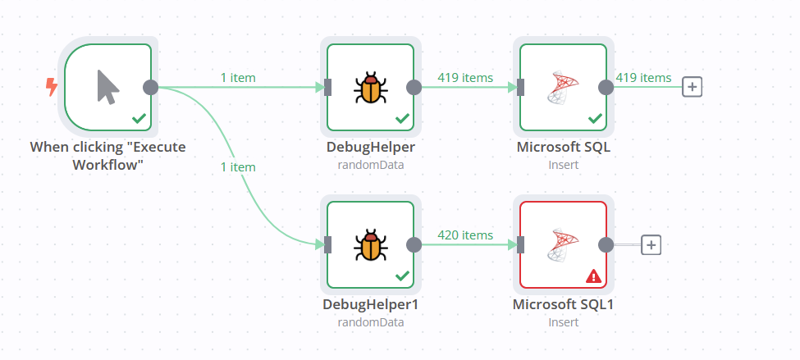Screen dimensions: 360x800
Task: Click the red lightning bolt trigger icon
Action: [x=52, y=87]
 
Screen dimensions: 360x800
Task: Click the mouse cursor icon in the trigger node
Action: [x=107, y=87]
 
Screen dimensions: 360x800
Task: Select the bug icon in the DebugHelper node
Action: [x=370, y=87]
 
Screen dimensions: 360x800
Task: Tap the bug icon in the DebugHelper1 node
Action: [x=370, y=244]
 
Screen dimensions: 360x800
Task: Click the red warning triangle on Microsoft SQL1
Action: [x=594, y=276]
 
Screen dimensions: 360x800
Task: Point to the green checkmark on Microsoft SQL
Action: [x=596, y=119]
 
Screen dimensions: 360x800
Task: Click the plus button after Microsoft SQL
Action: [x=693, y=87]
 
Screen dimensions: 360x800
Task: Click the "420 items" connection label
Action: [x=465, y=235]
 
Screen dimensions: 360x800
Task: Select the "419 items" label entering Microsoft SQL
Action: [x=465, y=78]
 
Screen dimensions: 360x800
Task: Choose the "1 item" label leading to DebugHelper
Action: [x=238, y=78]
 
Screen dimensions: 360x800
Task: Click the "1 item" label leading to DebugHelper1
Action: [x=238, y=166]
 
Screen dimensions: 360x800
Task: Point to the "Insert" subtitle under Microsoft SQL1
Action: [x=564, y=322]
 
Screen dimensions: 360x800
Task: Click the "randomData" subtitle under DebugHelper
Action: [x=370, y=165]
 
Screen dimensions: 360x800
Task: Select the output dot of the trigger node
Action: [x=151, y=87]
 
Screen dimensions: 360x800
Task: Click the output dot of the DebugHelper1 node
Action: [x=414, y=244]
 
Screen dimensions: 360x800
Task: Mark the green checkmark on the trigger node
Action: [x=139, y=119]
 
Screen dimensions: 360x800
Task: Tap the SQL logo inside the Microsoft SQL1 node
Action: [x=564, y=244]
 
